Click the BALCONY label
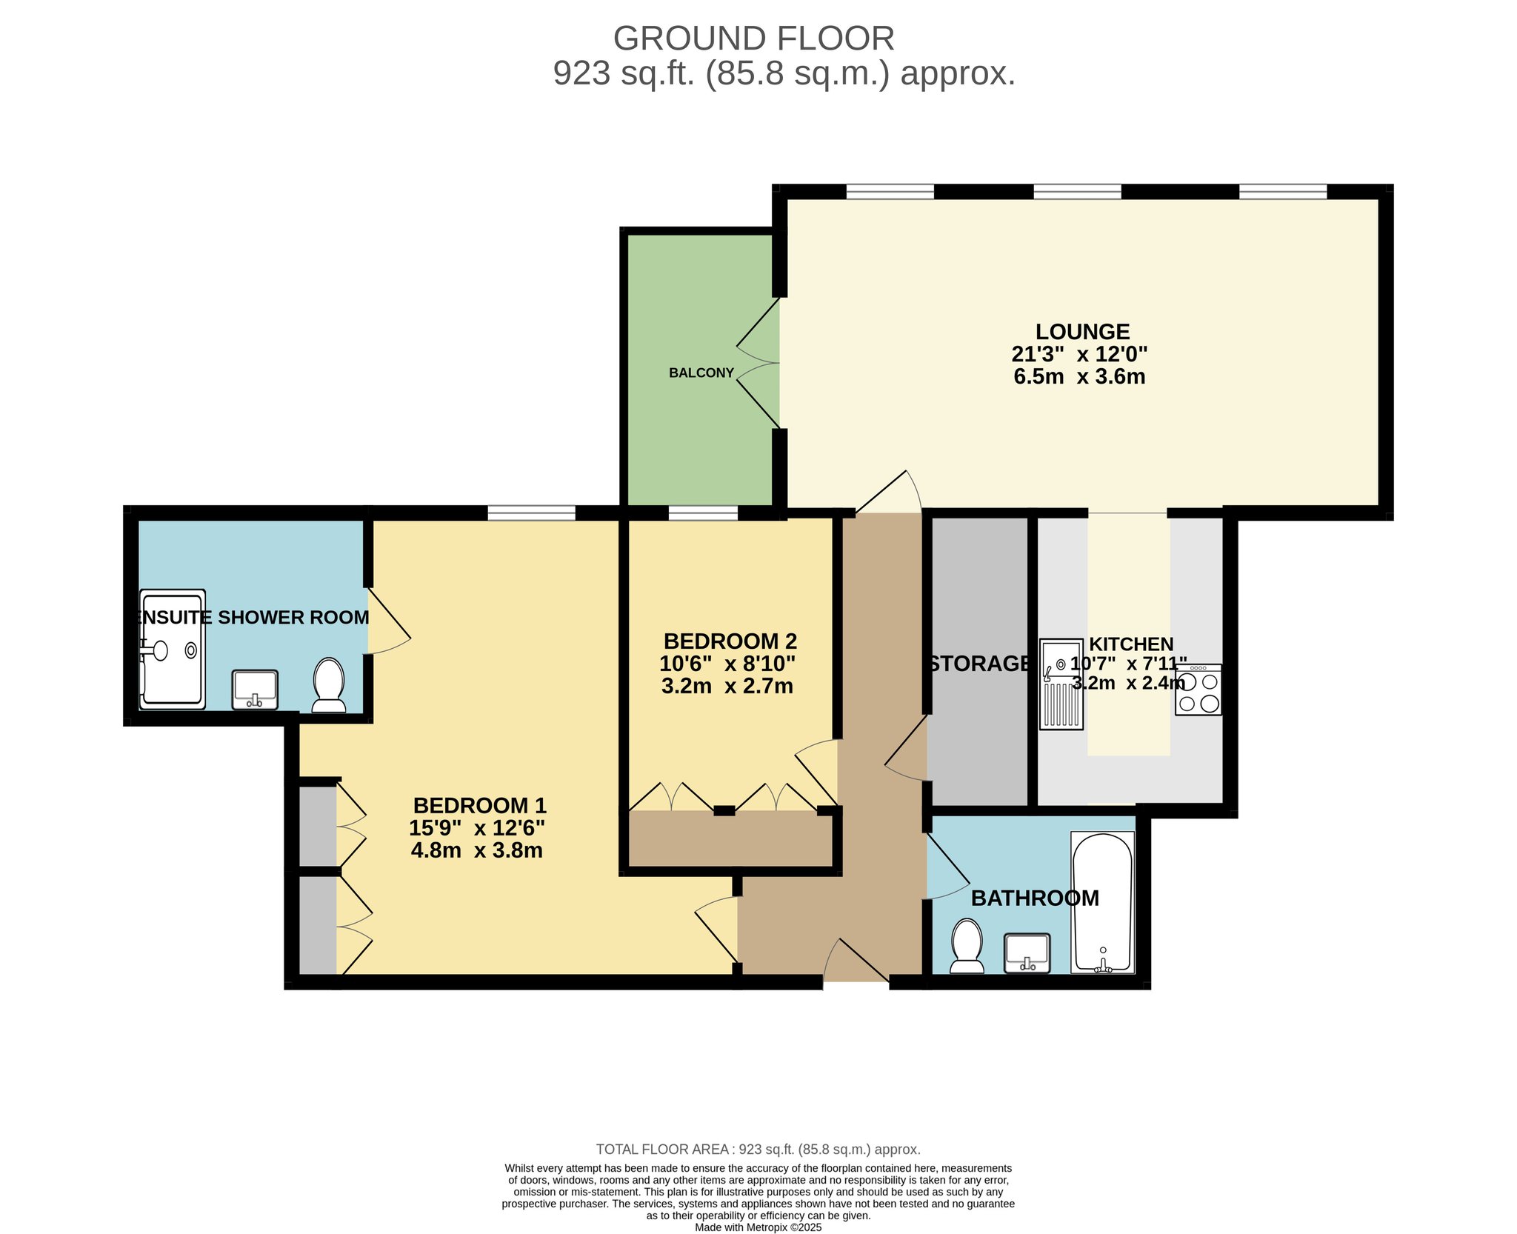[701, 373]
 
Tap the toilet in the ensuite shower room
[329, 685]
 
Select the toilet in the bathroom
[967, 946]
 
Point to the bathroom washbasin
[1027, 953]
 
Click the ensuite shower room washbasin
[255, 690]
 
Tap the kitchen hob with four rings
[1198, 690]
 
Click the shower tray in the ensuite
[172, 650]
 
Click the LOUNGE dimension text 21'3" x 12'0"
[1079, 354]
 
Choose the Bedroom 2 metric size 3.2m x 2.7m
[727, 686]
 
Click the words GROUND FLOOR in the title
[753, 39]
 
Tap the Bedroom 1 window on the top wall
[531, 513]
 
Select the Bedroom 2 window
[703, 513]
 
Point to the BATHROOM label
[1035, 898]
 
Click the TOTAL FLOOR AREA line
[758, 1150]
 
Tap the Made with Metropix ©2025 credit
[758, 1227]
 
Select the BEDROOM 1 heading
[479, 805]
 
